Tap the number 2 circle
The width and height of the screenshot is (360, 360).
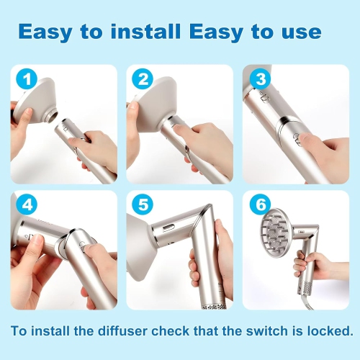(141, 79)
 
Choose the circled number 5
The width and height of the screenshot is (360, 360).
(142, 205)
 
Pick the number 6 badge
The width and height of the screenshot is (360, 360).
(258, 205)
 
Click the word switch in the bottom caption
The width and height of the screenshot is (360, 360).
(265, 331)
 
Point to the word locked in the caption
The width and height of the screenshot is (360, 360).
(328, 331)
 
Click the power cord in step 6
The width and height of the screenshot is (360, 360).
(328, 302)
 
